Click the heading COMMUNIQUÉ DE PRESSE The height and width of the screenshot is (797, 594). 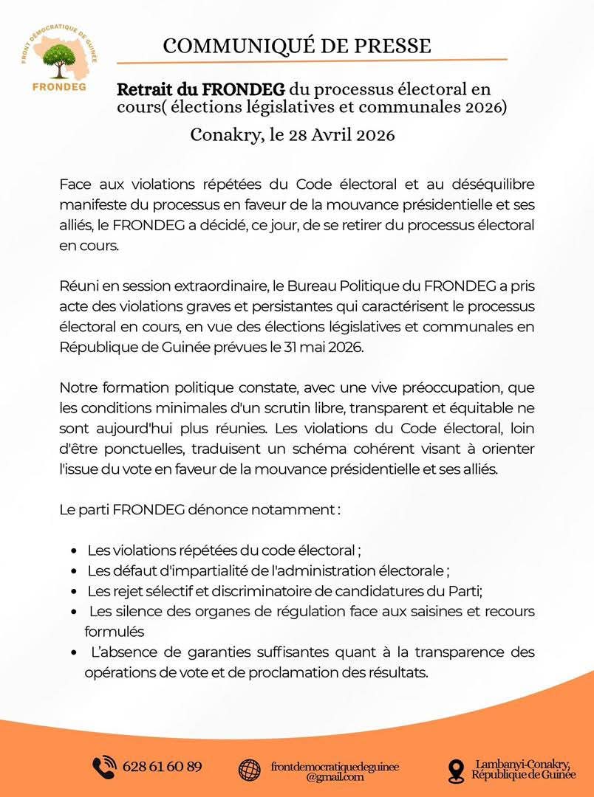tap(296, 46)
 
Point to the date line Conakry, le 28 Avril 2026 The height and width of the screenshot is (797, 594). tap(293, 135)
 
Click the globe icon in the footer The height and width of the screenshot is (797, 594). tap(250, 769)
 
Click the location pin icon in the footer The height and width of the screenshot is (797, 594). tap(456, 770)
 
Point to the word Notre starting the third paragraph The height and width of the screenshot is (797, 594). tap(78, 387)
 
